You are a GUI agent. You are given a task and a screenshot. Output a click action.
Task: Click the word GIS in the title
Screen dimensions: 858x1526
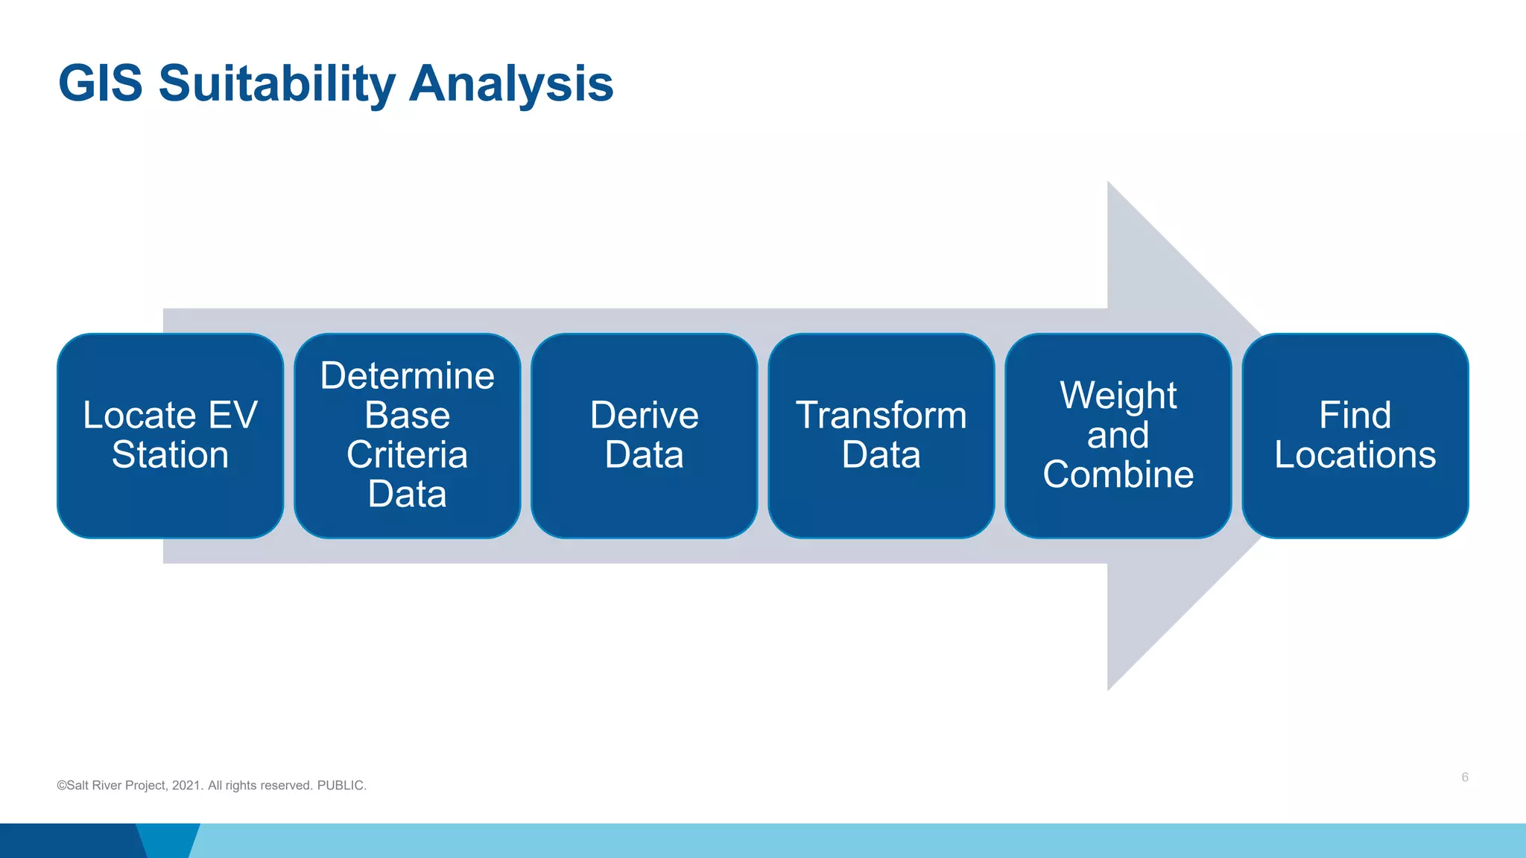coord(100,83)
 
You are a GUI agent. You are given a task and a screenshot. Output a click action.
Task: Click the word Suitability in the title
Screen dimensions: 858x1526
coord(276,83)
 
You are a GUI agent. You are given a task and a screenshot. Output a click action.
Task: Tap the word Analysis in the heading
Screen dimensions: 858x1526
coord(511,83)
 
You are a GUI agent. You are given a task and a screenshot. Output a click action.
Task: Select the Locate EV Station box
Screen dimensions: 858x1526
coord(170,435)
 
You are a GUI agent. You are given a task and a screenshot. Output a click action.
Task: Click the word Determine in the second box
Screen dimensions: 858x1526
coord(407,375)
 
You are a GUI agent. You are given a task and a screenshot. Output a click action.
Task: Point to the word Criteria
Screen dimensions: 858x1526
coord(407,454)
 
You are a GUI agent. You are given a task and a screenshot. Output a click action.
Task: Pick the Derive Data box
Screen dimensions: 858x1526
coord(644,435)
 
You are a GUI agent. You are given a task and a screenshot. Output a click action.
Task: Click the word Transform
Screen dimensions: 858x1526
coord(881,415)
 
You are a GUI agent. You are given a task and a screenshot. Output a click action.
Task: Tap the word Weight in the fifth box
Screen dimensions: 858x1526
coord(1118,395)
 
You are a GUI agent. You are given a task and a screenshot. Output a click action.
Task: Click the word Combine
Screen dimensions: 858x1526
coord(1118,474)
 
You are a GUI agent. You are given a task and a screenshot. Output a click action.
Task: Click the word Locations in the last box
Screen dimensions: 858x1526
coord(1355,454)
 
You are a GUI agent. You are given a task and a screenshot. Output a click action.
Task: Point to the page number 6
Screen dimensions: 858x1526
coord(1464,777)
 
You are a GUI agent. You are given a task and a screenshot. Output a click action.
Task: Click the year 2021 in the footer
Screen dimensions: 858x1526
coord(186,786)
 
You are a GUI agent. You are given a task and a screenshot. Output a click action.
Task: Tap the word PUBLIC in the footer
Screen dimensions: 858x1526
coord(341,786)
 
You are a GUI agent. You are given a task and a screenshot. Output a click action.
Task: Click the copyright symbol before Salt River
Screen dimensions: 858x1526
coord(61,786)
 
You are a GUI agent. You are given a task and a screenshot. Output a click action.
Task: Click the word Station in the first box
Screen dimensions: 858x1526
coord(170,454)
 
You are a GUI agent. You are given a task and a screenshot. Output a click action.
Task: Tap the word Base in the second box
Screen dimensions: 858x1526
coord(407,415)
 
